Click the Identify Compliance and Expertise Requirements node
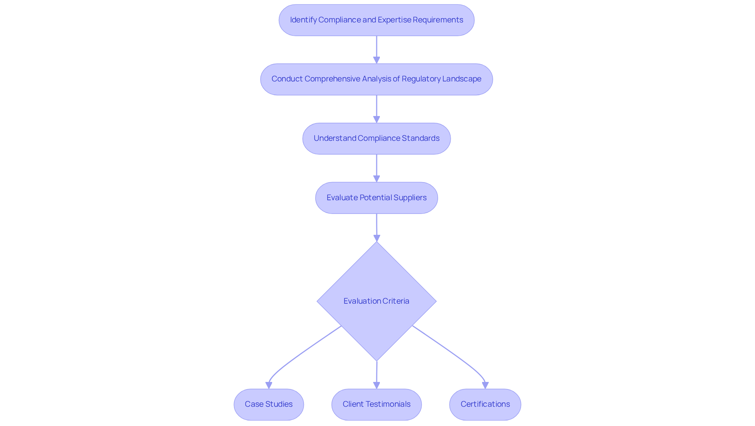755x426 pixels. point(376,20)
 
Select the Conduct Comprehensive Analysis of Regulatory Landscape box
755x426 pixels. point(376,79)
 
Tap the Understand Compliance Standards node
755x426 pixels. point(376,138)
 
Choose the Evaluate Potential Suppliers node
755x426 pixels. point(376,197)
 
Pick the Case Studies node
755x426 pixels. point(269,404)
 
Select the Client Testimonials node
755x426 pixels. point(376,404)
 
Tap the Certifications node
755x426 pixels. point(485,404)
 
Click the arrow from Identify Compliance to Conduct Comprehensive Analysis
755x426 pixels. point(376,49)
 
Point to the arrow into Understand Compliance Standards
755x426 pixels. point(376,109)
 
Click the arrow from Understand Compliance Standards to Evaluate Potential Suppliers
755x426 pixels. point(376,168)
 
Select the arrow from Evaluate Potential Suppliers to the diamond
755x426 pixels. point(376,227)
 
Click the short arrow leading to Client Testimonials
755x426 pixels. point(376,374)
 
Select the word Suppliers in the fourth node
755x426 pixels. point(410,197)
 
